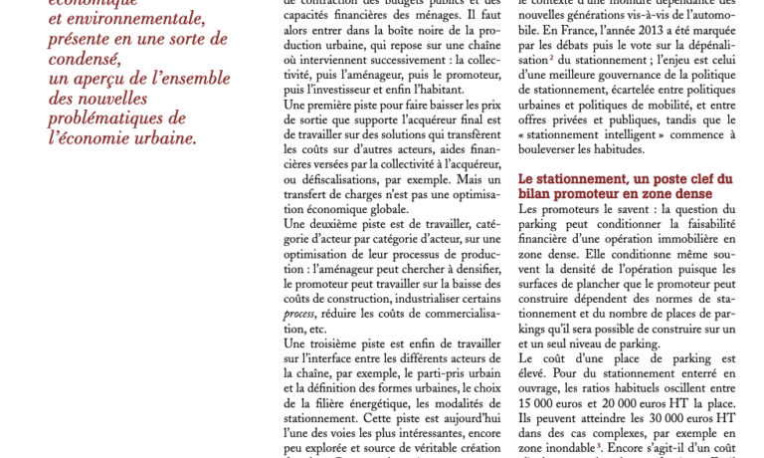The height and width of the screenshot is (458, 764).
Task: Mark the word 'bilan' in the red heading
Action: [x=539, y=194]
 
